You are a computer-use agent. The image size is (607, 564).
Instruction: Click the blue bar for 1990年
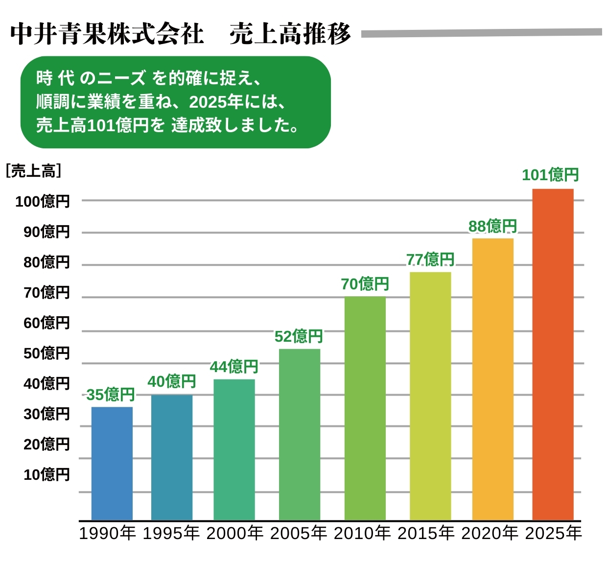pyautogui.click(x=112, y=463)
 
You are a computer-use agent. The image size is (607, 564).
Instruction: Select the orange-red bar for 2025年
pyautogui.click(x=553, y=354)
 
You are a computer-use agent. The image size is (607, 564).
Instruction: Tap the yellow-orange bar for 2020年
pyautogui.click(x=492, y=379)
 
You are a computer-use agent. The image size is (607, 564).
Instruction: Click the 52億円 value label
pyautogui.click(x=299, y=336)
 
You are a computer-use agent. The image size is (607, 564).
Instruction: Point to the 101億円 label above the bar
pyautogui.click(x=550, y=175)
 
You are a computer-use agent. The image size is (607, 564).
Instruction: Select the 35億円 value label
pyautogui.click(x=110, y=394)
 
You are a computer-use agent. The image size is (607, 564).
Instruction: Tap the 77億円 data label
pyautogui.click(x=430, y=259)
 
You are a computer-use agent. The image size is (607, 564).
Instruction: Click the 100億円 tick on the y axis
pyautogui.click(x=43, y=201)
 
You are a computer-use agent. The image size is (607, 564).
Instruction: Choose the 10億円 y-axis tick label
pyautogui.click(x=47, y=474)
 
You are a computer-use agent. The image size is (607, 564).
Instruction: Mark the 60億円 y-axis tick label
pyautogui.click(x=47, y=323)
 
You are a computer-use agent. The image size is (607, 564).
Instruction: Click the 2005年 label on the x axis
pyautogui.click(x=299, y=533)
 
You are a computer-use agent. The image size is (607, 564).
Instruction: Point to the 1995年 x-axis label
pyautogui.click(x=171, y=533)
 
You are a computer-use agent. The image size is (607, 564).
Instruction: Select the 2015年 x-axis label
pyautogui.click(x=426, y=533)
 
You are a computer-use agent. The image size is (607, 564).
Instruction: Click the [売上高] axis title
pyautogui.click(x=33, y=171)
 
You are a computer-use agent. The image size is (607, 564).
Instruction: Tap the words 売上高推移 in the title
pyautogui.click(x=290, y=34)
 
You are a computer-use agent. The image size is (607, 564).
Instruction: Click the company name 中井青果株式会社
pyautogui.click(x=107, y=34)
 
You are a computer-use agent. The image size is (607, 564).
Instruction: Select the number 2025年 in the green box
pyautogui.click(x=216, y=102)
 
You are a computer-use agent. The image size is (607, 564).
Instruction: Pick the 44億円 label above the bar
pyautogui.click(x=234, y=366)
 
